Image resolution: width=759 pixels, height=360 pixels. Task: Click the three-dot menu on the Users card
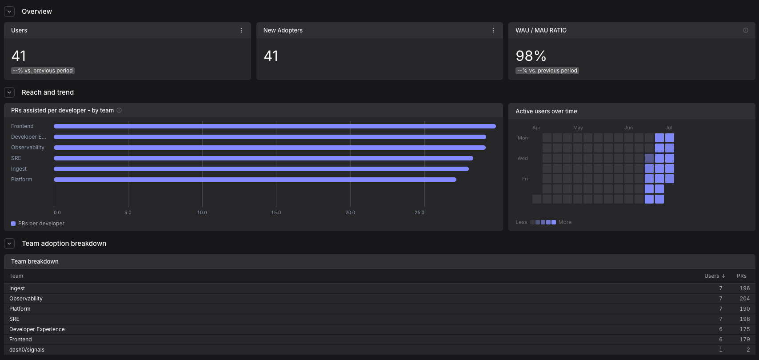(x=241, y=30)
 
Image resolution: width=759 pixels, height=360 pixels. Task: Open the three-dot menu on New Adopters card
(x=493, y=30)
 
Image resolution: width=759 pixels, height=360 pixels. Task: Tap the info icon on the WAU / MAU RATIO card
(x=746, y=30)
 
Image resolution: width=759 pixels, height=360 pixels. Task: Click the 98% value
(x=531, y=56)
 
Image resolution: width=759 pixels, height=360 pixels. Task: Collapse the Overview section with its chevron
(x=9, y=12)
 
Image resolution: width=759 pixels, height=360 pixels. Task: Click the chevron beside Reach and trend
(x=9, y=92)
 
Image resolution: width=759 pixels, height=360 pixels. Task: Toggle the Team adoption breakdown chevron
(x=9, y=244)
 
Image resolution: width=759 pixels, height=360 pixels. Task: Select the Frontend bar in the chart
(x=275, y=126)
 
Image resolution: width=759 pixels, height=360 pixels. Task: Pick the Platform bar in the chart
(x=255, y=179)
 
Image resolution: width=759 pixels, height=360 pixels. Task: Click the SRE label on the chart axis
(x=16, y=158)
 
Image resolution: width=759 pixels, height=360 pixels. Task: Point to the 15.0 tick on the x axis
(x=276, y=212)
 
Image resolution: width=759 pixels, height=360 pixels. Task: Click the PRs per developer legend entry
(x=38, y=224)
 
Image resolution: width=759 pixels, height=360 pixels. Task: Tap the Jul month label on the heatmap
(x=668, y=128)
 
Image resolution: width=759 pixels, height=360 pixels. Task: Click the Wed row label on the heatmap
(x=523, y=158)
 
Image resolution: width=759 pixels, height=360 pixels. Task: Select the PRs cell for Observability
(x=744, y=299)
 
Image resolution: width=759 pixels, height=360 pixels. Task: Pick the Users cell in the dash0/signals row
(x=720, y=349)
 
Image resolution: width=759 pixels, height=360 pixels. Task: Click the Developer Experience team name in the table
(x=37, y=329)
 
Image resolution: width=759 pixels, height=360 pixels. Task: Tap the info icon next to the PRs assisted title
(x=119, y=110)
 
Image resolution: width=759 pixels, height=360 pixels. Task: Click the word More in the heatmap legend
(x=565, y=222)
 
